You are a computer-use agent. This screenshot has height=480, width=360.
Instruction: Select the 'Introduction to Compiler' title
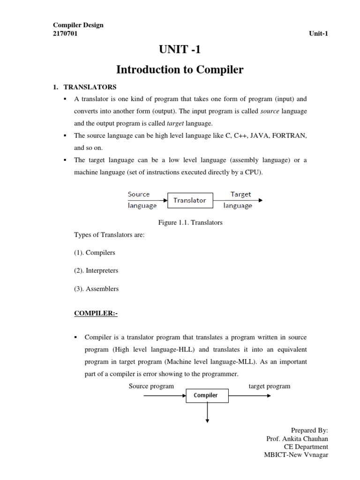(x=180, y=70)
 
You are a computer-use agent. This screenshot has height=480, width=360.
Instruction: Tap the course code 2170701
(x=65, y=33)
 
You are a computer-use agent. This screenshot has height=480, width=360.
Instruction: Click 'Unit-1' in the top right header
(x=318, y=33)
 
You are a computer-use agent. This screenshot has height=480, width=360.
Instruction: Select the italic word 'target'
(x=175, y=123)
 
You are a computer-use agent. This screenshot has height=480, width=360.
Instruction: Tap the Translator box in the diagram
(x=189, y=200)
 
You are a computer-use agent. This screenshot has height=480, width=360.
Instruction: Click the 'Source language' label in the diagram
(x=142, y=200)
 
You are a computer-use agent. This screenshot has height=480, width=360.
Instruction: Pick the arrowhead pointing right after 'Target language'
(x=260, y=200)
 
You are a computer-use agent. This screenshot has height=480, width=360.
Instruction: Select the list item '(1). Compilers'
(x=94, y=252)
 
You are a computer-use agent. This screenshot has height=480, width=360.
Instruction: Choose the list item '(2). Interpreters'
(x=96, y=270)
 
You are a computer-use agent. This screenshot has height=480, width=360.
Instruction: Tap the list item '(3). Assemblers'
(x=96, y=289)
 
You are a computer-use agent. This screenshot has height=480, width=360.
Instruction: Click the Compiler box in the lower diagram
(x=206, y=395)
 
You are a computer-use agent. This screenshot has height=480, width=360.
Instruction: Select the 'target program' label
(x=269, y=386)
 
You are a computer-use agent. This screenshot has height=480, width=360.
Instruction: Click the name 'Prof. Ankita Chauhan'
(x=297, y=438)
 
